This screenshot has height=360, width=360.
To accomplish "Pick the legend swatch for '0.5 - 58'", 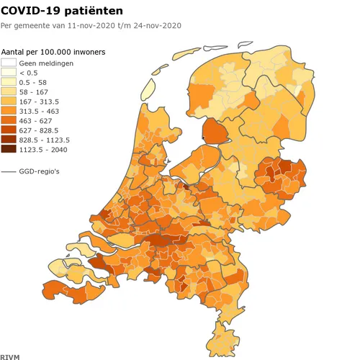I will click(x=9, y=83).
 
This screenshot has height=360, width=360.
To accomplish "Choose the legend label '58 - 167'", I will click(x=34, y=92).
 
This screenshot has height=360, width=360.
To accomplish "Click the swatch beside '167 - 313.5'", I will click(x=9, y=102).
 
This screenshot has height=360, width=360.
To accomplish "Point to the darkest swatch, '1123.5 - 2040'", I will click(x=9, y=149).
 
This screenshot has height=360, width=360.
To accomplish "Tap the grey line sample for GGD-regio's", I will click(x=9, y=172).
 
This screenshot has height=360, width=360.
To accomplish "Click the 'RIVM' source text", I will click(x=9, y=356).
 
